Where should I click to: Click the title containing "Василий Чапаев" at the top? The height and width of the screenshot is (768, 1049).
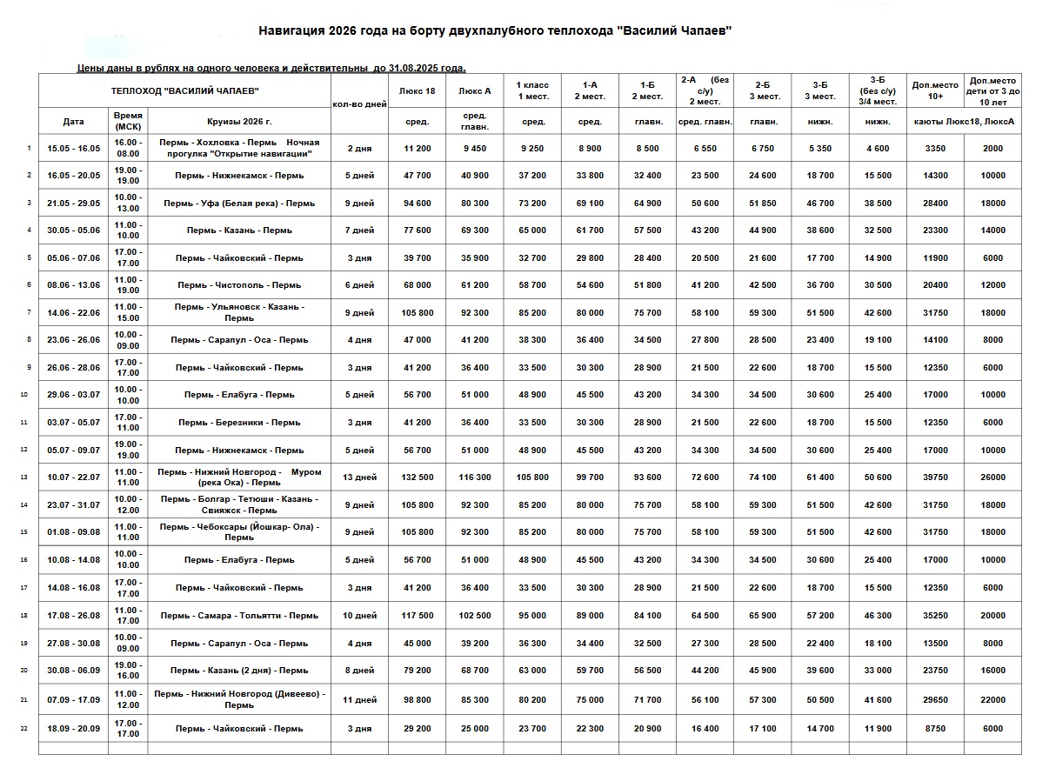[x=495, y=31]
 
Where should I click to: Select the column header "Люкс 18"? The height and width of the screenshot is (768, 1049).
[x=417, y=90]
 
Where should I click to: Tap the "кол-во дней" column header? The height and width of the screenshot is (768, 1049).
[x=359, y=104]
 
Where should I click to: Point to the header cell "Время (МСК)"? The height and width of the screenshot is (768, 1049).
[x=128, y=121]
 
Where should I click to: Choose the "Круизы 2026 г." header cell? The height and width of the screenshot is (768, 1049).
[x=239, y=121]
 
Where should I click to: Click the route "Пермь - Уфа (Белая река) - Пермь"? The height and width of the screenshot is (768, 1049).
[x=239, y=204]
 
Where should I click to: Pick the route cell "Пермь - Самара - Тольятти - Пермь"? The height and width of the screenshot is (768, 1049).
[x=239, y=616]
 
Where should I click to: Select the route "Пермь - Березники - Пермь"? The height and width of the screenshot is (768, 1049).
[x=239, y=423]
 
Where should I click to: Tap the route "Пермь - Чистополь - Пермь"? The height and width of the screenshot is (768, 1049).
[x=239, y=285]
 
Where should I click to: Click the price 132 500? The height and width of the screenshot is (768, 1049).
[x=417, y=477]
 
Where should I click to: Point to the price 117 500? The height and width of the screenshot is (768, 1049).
[x=417, y=616]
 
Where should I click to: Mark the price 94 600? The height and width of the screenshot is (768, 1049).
[x=417, y=204]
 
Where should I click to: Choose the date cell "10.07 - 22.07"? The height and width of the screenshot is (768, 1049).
[x=74, y=477]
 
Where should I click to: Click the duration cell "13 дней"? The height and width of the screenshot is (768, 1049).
[x=359, y=477]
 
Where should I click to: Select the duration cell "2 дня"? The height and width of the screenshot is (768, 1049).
[x=359, y=149]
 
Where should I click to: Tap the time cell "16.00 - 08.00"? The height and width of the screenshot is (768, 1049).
[x=128, y=148]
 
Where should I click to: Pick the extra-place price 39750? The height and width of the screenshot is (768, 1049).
[x=935, y=477]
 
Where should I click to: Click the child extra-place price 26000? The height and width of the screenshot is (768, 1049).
[x=992, y=477]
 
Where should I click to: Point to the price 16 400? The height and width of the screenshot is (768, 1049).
[x=705, y=729]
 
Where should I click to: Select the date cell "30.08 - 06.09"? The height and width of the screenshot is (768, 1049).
[x=74, y=671]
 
